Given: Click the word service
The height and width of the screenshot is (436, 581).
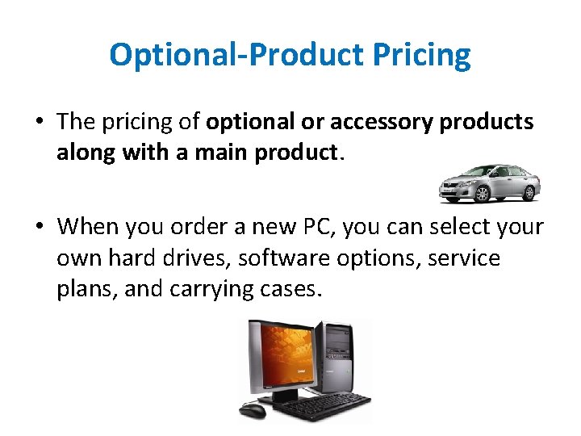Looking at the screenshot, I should click(x=464, y=258).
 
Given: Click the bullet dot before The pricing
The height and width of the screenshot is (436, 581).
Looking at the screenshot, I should click(x=39, y=123).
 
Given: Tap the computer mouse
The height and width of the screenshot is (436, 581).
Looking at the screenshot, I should click(x=253, y=410).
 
